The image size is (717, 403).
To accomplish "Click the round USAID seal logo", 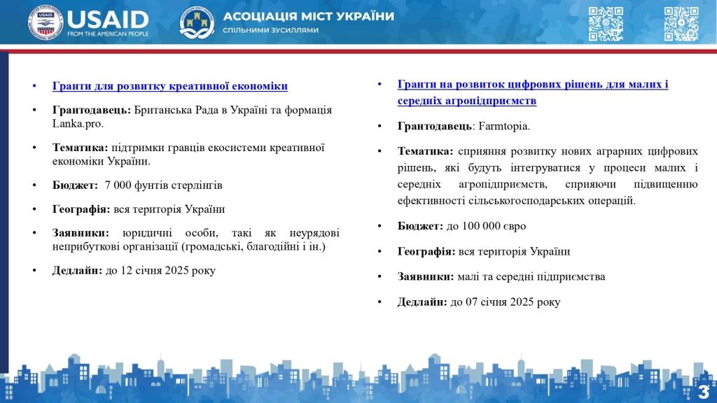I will coord(45,23).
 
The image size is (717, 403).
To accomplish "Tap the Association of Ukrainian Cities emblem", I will coord(197,22).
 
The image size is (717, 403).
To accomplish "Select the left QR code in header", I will coord(606,24).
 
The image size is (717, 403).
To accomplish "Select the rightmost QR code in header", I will coord(681,24).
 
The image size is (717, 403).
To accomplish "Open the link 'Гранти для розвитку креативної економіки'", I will coord(170,86).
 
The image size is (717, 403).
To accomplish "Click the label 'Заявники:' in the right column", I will coord(426,276).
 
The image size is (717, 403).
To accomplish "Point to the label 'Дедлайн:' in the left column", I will coord(77,271).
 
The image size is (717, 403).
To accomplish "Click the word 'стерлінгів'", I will coord(198,185).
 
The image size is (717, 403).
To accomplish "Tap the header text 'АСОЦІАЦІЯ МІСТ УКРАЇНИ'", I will coord(308,16).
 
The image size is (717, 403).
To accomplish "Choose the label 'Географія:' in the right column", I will coord(426,251).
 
